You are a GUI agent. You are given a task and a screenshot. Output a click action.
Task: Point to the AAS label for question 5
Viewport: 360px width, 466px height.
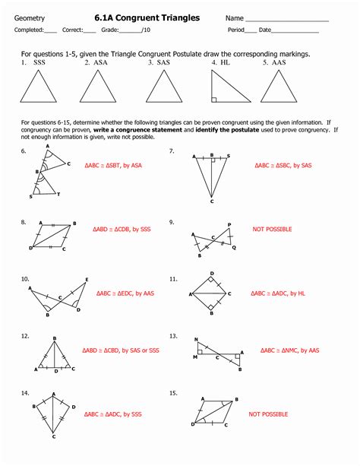(274, 63)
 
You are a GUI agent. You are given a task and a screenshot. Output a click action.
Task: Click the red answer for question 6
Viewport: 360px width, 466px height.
(115, 163)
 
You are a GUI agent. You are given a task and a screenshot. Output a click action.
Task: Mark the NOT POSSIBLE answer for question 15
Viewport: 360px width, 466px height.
(268, 415)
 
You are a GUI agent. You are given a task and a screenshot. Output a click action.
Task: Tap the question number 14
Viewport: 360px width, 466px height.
(25, 393)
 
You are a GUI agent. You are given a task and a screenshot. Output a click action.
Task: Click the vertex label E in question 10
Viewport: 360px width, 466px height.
(87, 279)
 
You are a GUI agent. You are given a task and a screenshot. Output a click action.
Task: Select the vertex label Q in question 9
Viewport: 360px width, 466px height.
(234, 247)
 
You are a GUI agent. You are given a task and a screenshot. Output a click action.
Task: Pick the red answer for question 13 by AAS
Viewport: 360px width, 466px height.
(289, 351)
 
